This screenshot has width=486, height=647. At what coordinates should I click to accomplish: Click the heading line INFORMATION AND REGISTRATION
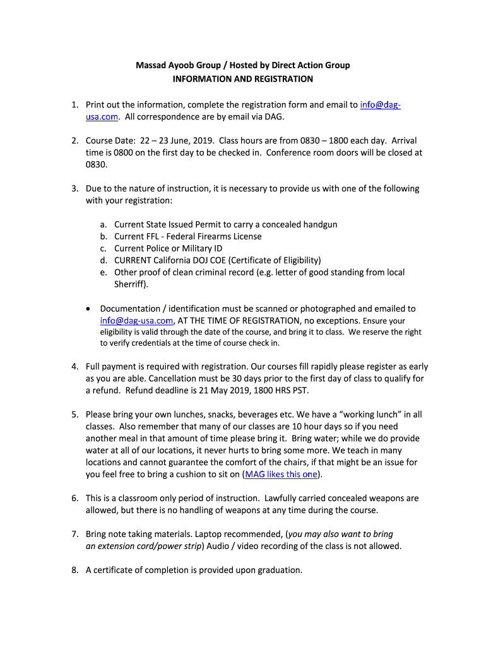coord(243,79)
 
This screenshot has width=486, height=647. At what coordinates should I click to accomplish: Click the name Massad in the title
coord(151,65)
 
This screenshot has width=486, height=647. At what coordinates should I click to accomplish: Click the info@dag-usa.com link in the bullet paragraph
coord(136,320)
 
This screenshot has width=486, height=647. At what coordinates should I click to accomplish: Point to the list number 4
coord(74,366)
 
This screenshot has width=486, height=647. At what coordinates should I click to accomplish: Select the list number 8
coord(74,570)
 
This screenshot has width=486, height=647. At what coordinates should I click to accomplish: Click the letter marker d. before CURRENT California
coord(103,260)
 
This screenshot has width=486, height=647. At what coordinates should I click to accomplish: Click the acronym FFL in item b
coord(154,236)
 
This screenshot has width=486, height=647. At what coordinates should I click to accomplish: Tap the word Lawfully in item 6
coord(282,499)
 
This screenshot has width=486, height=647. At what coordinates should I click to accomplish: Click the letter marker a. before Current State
coord(103,224)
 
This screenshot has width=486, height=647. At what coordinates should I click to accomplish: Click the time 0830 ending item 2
coord(97,164)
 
